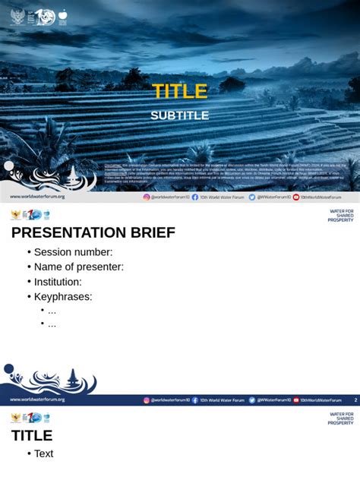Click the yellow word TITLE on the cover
179,92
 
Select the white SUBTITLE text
179,115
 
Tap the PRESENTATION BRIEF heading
93,232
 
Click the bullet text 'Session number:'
73,252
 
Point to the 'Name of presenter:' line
78,267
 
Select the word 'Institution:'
58,282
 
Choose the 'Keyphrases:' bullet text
63,296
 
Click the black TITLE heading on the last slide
32,435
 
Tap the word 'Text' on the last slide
44,453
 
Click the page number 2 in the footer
355,399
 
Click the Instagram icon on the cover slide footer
147,197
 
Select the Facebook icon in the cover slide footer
195,197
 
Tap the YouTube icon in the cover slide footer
296,197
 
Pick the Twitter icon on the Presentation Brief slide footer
252,399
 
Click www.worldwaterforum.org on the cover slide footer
37,197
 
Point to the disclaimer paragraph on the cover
226,172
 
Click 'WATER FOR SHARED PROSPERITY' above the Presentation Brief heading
341,216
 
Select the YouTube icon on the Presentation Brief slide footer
296,399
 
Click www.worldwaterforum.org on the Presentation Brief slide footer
37,399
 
